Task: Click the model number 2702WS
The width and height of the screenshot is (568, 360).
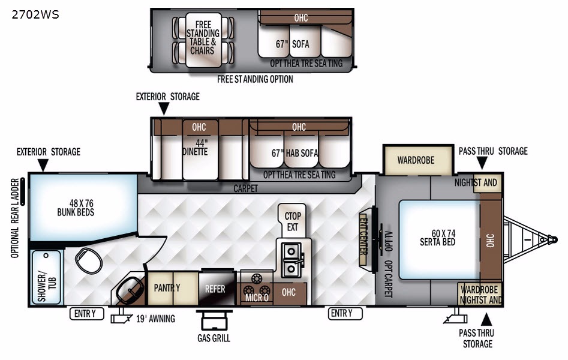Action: click(x=35, y=14)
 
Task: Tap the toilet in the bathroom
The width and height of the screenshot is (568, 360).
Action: click(x=89, y=260)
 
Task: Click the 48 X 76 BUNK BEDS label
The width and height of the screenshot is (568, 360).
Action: click(x=76, y=208)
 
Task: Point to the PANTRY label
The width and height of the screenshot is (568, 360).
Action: click(x=167, y=287)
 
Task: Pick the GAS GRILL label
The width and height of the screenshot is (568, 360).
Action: click(x=214, y=338)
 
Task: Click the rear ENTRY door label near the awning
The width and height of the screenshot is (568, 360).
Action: click(x=86, y=314)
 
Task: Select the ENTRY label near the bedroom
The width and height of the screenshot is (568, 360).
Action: click(x=345, y=313)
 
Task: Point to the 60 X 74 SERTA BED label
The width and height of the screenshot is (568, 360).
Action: click(x=438, y=238)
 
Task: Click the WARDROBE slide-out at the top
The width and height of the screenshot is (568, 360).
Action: click(x=418, y=160)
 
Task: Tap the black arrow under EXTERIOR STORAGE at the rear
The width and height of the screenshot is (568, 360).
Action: click(x=43, y=165)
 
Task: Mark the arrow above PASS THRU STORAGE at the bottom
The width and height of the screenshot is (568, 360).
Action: click(x=486, y=319)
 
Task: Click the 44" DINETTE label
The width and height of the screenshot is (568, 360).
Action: click(x=196, y=148)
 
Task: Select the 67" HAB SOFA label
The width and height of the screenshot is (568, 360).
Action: click(x=294, y=154)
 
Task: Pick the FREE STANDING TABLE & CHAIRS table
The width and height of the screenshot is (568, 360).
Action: click(x=203, y=40)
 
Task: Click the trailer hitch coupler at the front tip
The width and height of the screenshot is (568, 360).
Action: click(x=552, y=239)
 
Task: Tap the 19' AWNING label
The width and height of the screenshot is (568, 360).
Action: click(x=156, y=319)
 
